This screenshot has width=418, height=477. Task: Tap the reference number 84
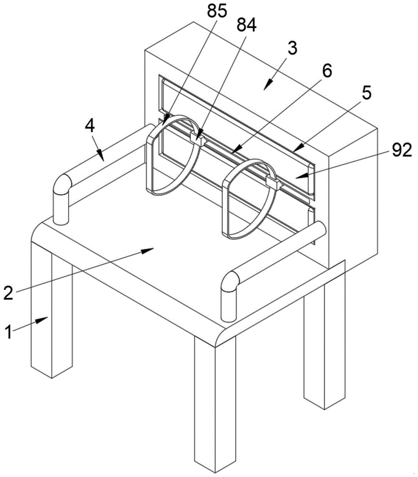click(247, 26)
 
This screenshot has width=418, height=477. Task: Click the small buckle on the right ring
click(272, 182)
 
